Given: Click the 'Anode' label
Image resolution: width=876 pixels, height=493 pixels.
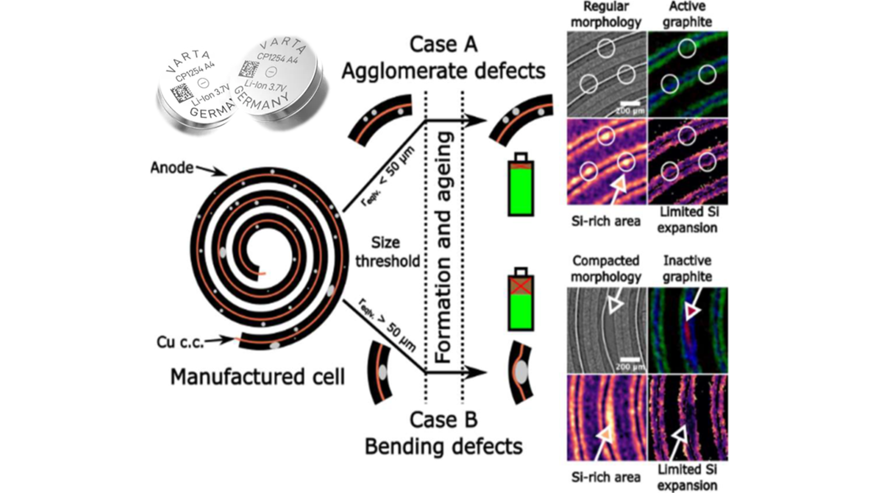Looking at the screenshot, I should (x=172, y=168).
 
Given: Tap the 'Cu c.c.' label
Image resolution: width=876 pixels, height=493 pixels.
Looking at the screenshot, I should (x=180, y=342).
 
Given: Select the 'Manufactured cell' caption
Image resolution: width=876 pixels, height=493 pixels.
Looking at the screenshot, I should (x=257, y=377).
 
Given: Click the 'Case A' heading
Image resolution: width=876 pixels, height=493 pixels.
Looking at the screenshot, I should (x=443, y=44).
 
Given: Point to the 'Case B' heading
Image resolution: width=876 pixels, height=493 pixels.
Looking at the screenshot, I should (x=443, y=420).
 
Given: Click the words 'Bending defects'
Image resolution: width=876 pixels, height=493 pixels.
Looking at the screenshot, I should (x=443, y=446).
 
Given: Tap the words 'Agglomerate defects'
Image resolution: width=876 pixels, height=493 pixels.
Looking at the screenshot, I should (x=443, y=71).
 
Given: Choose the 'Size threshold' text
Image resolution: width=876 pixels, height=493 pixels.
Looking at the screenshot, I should (x=387, y=252).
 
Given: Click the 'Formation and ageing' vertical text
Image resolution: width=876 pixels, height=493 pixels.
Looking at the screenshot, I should (x=444, y=247).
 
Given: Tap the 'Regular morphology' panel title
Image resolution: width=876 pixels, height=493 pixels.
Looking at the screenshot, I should (x=606, y=14).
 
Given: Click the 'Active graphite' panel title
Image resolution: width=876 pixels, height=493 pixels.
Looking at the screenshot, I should (x=687, y=14).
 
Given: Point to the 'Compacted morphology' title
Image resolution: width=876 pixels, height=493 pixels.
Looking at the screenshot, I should (x=606, y=268).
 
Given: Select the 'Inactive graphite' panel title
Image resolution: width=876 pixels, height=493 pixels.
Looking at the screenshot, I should (x=687, y=268).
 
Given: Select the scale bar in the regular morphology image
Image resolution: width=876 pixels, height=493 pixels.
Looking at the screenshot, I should (x=630, y=104).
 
